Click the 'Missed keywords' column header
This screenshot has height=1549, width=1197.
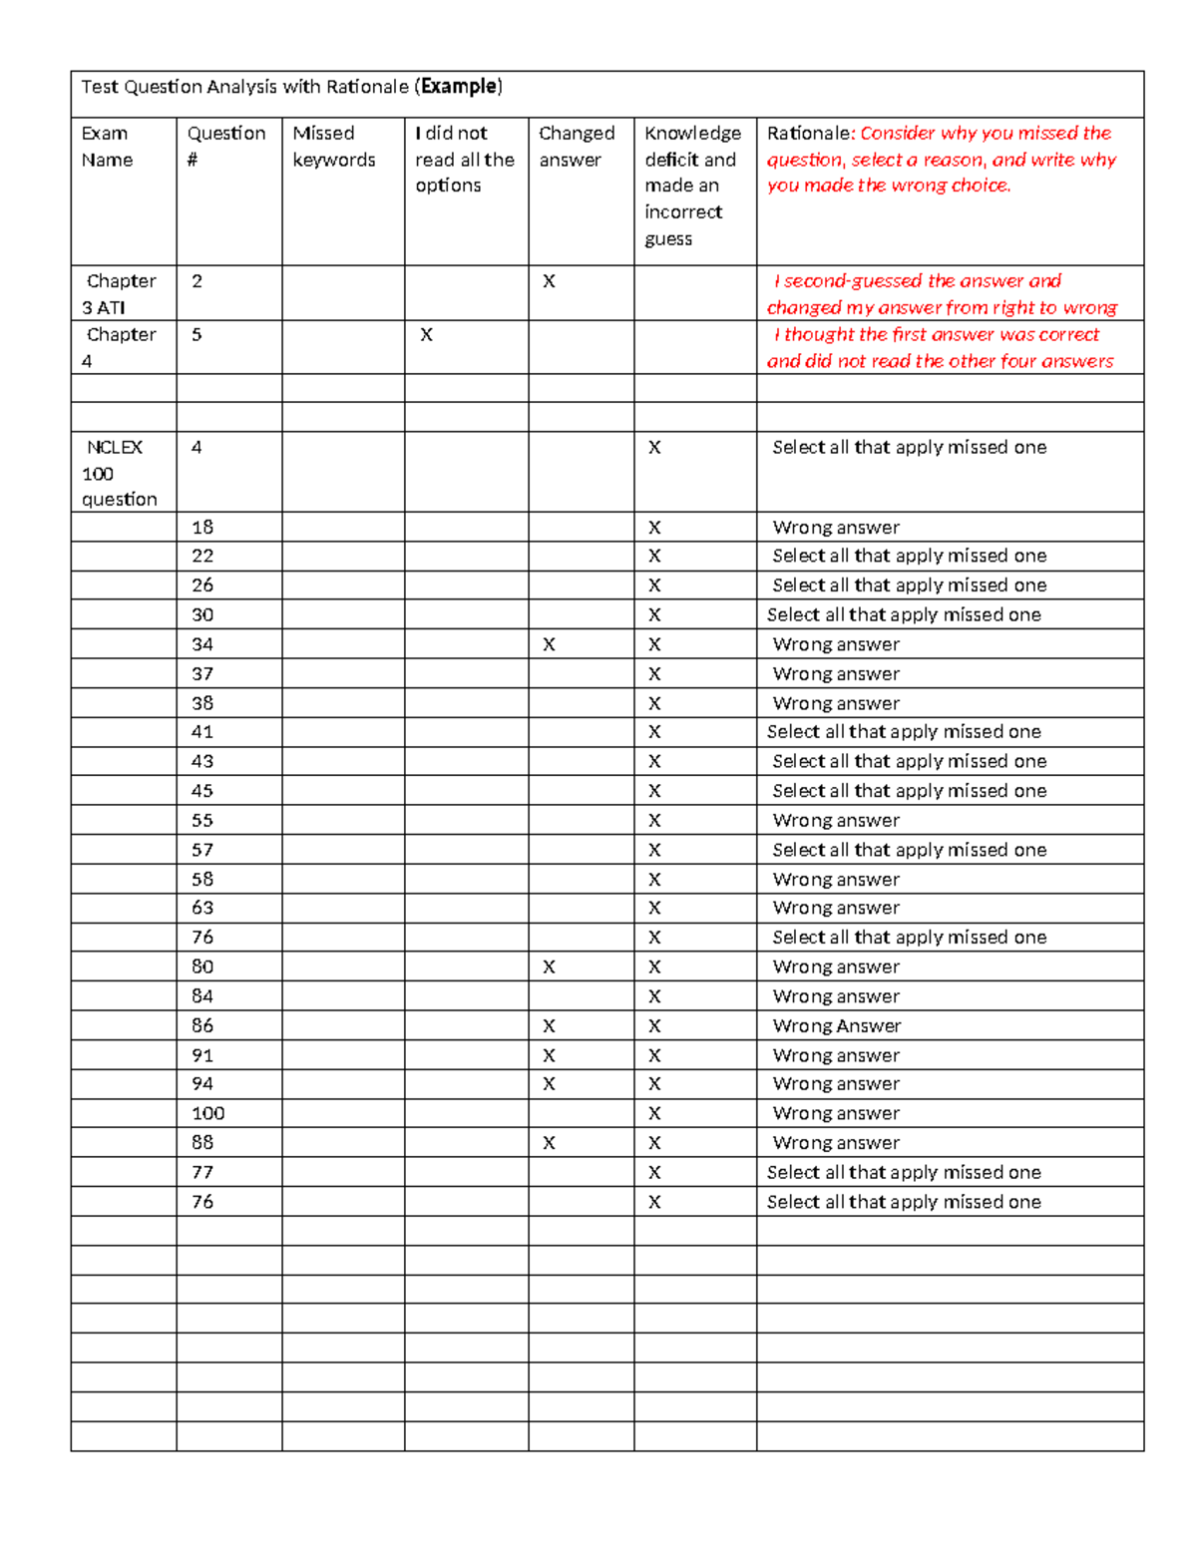click(x=334, y=147)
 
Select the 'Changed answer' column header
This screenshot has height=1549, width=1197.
click(x=577, y=147)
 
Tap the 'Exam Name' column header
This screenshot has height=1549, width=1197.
click(x=106, y=147)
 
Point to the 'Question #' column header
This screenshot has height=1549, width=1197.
click(x=226, y=147)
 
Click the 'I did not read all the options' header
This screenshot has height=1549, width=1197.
click(x=464, y=160)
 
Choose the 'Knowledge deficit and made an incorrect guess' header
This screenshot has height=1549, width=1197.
click(x=692, y=186)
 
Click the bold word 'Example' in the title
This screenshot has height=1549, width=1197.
click(x=459, y=87)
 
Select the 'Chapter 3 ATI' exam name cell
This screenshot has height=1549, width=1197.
click(x=120, y=294)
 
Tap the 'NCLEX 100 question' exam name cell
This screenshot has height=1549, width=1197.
click(x=119, y=473)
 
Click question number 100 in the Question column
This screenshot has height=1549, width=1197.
click(x=208, y=1113)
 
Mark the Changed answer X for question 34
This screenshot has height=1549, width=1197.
click(x=549, y=644)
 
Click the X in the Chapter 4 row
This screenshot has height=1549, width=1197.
click(x=426, y=335)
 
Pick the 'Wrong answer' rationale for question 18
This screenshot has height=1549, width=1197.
click(x=836, y=528)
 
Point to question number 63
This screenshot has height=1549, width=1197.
click(x=202, y=908)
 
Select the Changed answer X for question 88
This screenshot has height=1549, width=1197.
click(x=549, y=1143)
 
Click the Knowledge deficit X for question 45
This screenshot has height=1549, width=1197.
click(x=654, y=791)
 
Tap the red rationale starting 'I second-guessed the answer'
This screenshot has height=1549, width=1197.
click(x=942, y=294)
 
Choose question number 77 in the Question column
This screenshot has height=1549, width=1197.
click(x=202, y=1172)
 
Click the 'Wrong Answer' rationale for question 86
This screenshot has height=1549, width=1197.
click(x=837, y=1025)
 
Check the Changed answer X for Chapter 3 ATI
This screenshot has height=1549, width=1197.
click(x=549, y=281)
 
